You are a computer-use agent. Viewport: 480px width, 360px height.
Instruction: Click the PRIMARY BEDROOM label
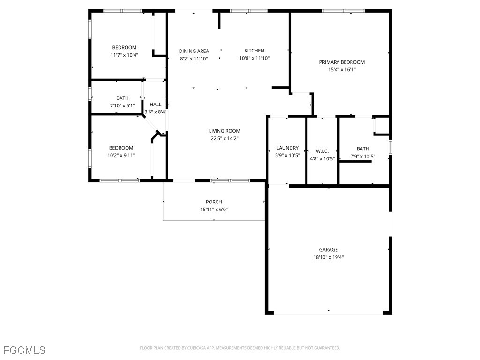(x=342, y=62)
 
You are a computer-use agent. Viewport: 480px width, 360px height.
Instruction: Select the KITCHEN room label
(x=254, y=51)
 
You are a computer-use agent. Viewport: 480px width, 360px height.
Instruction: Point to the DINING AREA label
(x=194, y=51)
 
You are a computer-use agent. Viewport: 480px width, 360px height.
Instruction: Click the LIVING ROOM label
(x=225, y=131)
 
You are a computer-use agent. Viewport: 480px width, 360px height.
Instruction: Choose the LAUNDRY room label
(x=287, y=148)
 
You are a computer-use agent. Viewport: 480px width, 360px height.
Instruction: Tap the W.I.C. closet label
(x=322, y=151)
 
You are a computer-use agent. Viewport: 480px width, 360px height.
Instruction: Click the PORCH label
(x=214, y=202)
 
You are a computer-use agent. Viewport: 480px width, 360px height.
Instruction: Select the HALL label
(x=156, y=105)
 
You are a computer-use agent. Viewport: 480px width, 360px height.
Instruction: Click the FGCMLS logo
(x=24, y=350)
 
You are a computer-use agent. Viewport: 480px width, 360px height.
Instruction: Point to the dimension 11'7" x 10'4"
(x=124, y=55)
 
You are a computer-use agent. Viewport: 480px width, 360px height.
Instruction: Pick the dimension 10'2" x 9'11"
(x=121, y=155)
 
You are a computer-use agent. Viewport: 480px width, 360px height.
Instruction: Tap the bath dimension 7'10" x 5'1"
(x=122, y=105)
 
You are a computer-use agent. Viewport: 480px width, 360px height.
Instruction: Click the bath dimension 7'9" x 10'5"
(x=363, y=156)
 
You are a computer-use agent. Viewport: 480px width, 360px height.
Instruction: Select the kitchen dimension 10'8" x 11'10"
(x=254, y=58)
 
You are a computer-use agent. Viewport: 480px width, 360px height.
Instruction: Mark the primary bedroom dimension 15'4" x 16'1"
(x=342, y=69)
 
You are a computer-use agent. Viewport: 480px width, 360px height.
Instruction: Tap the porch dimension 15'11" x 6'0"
(x=214, y=210)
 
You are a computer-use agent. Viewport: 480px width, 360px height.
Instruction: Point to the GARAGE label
(x=328, y=250)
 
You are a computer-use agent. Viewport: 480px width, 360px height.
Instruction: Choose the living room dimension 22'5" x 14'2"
(x=225, y=138)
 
